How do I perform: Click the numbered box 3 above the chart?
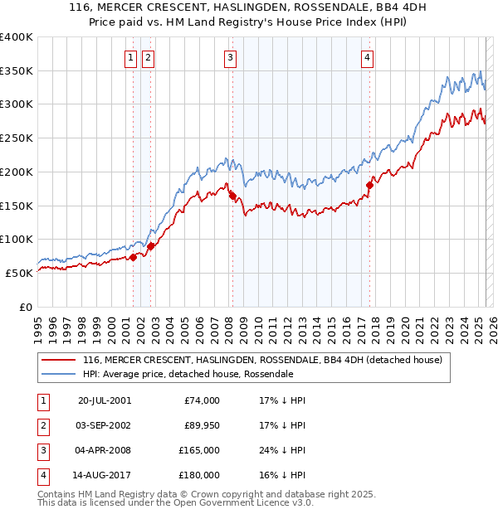(x=230, y=58)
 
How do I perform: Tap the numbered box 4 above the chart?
(x=366, y=58)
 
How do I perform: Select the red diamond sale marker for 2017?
(x=369, y=186)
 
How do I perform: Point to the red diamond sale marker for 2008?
(x=232, y=196)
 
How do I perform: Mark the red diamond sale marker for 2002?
(x=151, y=246)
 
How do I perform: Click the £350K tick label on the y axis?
(x=17, y=71)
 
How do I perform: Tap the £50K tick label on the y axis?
(x=20, y=273)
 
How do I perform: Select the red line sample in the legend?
(x=58, y=361)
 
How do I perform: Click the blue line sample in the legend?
(x=58, y=375)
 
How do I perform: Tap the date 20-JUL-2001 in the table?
(x=104, y=400)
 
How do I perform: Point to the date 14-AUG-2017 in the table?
(x=104, y=475)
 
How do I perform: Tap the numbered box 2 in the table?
(x=41, y=425)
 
